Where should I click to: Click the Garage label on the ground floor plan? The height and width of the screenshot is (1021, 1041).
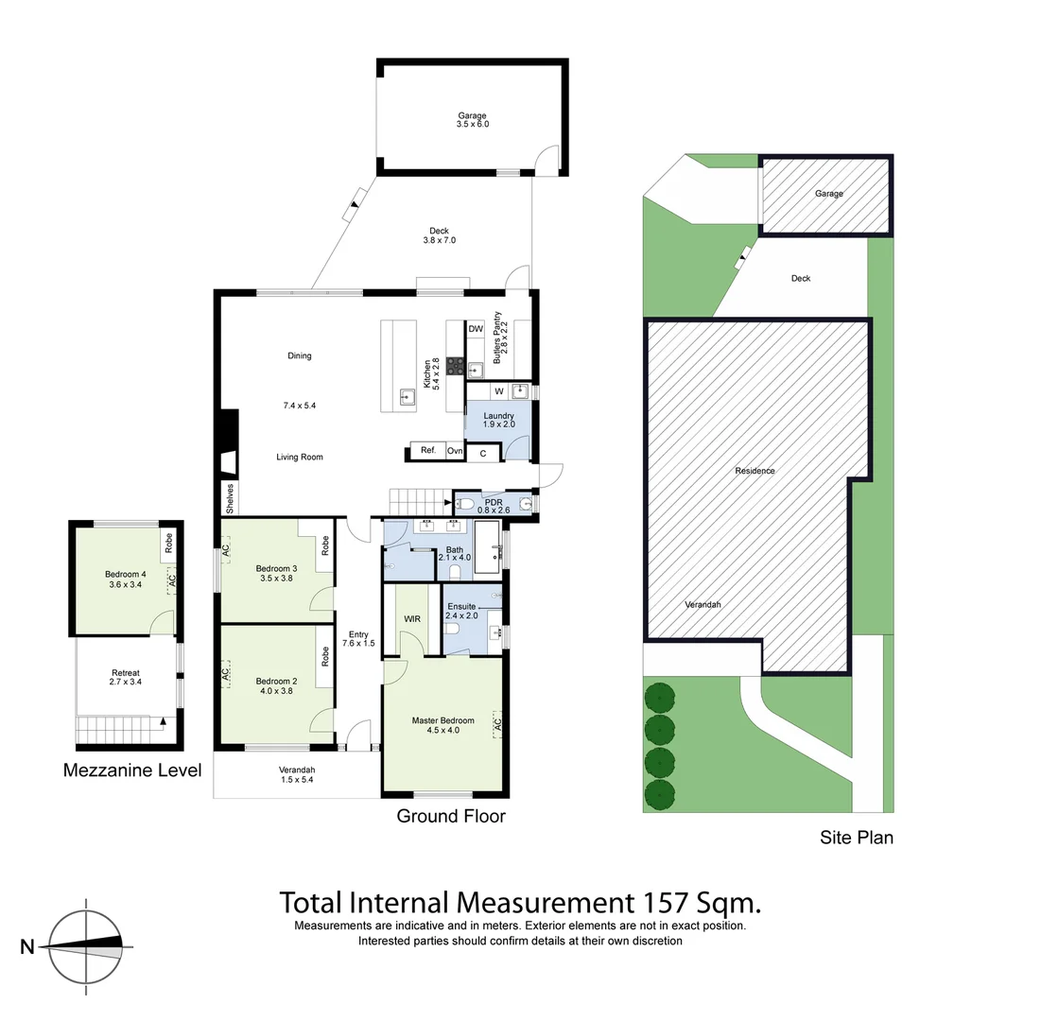(x=472, y=116)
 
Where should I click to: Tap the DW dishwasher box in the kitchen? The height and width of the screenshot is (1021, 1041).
(x=476, y=329)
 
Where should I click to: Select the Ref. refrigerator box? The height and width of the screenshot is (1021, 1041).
(x=427, y=451)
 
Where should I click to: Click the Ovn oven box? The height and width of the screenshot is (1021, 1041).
(x=455, y=451)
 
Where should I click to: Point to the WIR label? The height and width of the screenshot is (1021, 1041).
(x=412, y=619)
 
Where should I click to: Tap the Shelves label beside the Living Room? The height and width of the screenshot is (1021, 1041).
(x=228, y=497)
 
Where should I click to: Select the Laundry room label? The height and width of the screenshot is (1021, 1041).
(x=498, y=416)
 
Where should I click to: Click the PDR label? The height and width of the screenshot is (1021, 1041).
(x=493, y=501)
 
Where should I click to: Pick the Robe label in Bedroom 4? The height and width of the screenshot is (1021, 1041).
(x=168, y=544)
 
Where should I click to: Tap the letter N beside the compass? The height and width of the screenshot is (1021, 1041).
(x=27, y=946)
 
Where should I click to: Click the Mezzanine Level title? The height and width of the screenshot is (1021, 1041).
(x=132, y=770)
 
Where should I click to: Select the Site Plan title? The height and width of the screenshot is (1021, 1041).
(x=857, y=837)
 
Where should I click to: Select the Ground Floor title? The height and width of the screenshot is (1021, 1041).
(x=451, y=816)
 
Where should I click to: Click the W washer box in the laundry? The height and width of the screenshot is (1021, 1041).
(x=498, y=391)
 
